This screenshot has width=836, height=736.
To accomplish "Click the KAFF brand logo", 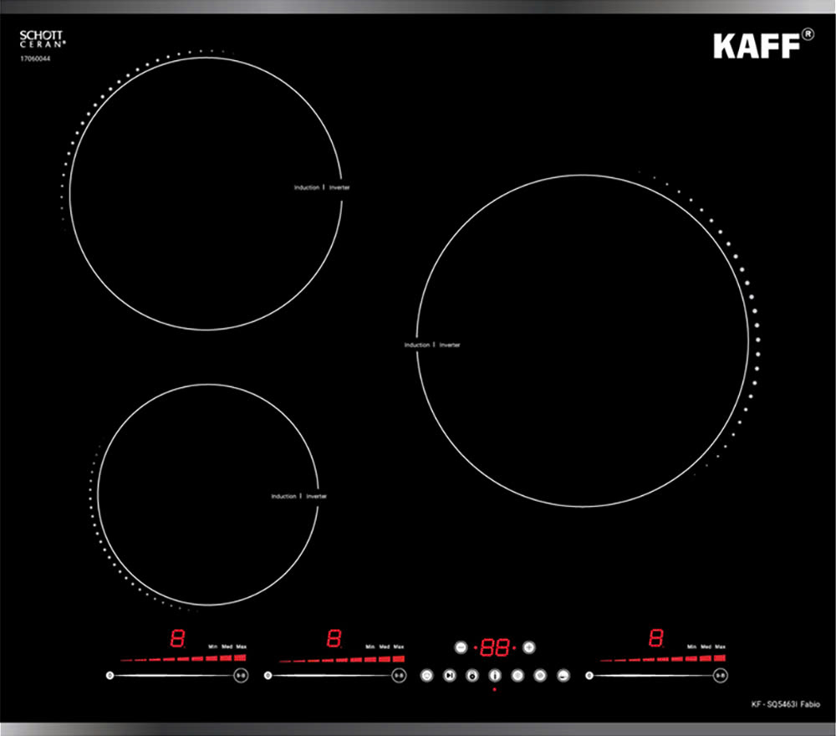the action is [755, 46].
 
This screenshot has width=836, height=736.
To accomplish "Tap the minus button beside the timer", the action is [461, 647].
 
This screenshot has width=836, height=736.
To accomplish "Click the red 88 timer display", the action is [495, 647].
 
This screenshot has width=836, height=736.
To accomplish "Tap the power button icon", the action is [427, 675].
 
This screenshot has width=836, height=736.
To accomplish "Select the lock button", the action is [472, 675].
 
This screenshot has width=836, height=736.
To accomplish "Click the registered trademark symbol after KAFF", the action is [808, 34].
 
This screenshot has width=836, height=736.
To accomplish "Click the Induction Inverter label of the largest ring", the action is [432, 345].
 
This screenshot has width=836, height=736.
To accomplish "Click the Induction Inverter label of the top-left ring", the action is [322, 187].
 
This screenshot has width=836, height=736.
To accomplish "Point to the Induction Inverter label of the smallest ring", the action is [298, 496].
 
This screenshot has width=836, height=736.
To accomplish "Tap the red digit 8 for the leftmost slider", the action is [177, 639].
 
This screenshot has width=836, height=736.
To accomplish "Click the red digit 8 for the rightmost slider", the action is [656, 639].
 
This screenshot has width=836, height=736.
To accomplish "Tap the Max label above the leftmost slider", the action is [242, 647].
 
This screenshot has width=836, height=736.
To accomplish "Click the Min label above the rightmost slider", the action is [691, 647].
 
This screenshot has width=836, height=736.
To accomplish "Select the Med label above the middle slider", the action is [385, 647].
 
